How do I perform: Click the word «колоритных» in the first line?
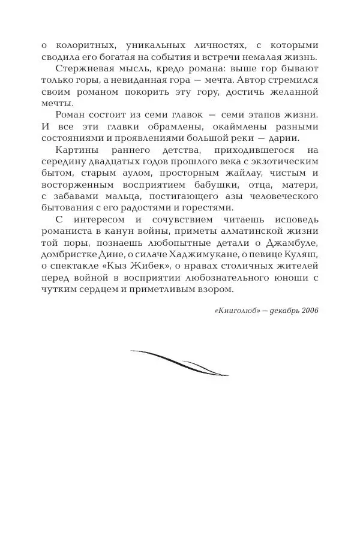78,46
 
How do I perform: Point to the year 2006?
309,311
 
